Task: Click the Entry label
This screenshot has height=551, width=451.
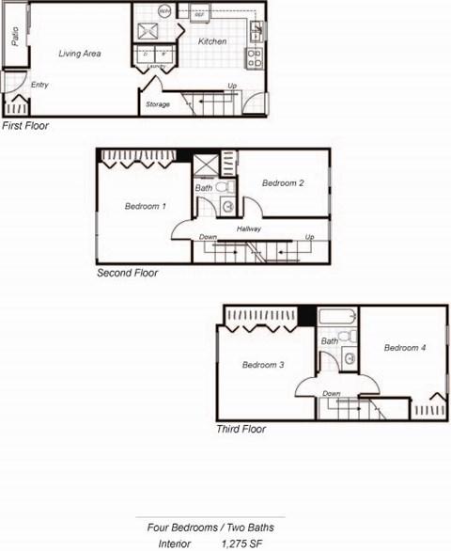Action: pos(39,86)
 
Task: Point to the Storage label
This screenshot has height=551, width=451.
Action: pos(157,104)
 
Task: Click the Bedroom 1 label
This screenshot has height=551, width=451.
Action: pos(145,206)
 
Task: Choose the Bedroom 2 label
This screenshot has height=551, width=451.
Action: pos(283,182)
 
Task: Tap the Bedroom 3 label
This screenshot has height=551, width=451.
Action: pos(263,365)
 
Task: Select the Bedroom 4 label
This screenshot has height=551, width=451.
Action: pos(405,348)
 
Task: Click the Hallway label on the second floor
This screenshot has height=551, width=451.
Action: pos(249,228)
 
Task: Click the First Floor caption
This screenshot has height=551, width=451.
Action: pos(25,125)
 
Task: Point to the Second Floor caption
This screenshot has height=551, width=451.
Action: pos(127,274)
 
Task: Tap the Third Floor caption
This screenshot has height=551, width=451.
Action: pos(241,430)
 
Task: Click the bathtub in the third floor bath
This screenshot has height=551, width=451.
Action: pos(335,319)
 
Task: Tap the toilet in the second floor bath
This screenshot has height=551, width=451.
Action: pos(226,187)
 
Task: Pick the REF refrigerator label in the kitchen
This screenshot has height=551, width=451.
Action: pos(199,16)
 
